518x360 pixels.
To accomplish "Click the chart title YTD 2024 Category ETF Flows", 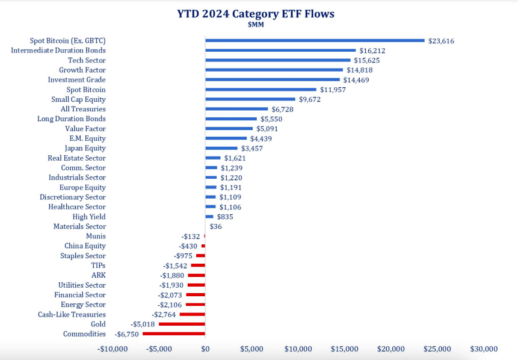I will pyautogui.click(x=256, y=13).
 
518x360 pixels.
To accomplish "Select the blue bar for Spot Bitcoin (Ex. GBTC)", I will pyautogui.click(x=315, y=40).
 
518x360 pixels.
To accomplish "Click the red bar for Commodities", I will pyautogui.click(x=174, y=334).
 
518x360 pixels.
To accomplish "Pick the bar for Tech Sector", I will pyautogui.click(x=277, y=60).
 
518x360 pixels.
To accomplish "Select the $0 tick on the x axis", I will pyautogui.click(x=205, y=349).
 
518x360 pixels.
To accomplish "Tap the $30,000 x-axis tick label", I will pyautogui.click(x=484, y=349).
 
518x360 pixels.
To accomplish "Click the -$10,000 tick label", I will pyautogui.click(x=113, y=349).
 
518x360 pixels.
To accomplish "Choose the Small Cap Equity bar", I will pyautogui.click(x=250, y=99).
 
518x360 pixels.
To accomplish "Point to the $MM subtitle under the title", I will pyautogui.click(x=256, y=25).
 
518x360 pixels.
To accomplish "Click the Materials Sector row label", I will pyautogui.click(x=79, y=226).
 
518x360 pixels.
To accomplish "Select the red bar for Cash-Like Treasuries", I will pyautogui.click(x=193, y=314).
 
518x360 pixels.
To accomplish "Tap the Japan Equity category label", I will pyautogui.click(x=85, y=148).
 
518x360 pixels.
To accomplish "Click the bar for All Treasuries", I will pyautogui.click(x=236, y=109).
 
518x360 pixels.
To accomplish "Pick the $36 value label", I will pyautogui.click(x=215, y=226).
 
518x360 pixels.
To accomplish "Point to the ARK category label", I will pyautogui.click(x=98, y=275).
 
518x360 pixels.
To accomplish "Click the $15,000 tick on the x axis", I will pyautogui.click(x=344, y=349).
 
